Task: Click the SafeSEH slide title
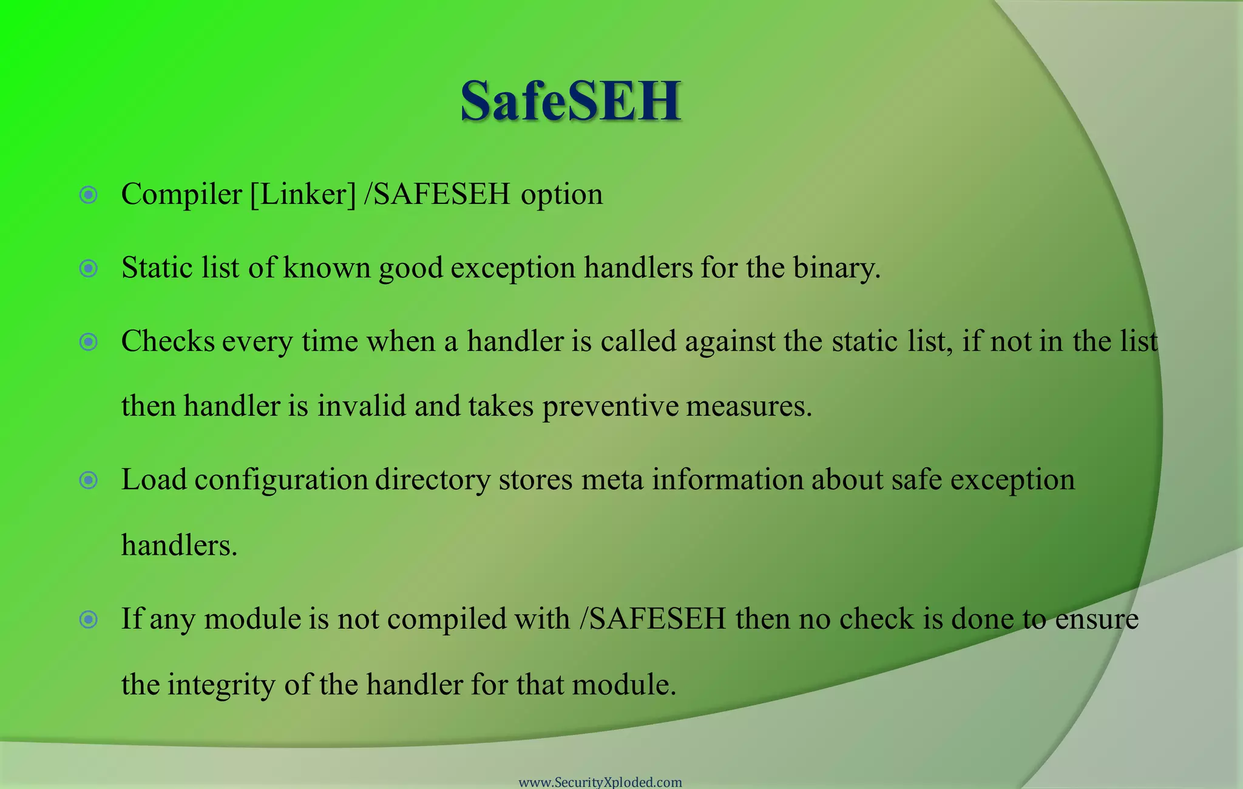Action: (x=570, y=101)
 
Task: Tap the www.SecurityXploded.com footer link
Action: (x=600, y=782)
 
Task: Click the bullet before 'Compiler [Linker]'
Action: (x=89, y=195)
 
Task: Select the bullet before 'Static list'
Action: (x=89, y=268)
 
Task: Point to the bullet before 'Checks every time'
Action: (x=89, y=342)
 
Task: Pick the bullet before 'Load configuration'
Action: (x=89, y=481)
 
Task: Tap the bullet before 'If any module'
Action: (x=89, y=620)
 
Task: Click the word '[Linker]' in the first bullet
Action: (x=303, y=195)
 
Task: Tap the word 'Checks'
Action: (x=168, y=342)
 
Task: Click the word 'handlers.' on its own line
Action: (x=179, y=545)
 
